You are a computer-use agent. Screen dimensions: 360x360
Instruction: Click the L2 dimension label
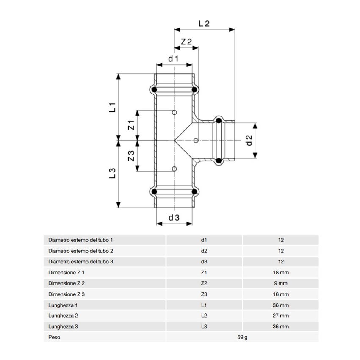204,24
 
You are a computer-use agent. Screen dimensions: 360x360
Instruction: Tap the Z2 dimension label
186,42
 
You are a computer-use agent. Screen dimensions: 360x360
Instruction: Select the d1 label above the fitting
174,59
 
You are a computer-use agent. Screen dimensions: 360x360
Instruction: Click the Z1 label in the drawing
131,125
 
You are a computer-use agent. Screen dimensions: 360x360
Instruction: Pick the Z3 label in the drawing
131,156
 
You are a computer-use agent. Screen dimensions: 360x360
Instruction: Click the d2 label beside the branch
249,140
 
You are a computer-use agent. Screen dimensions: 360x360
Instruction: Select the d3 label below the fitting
174,218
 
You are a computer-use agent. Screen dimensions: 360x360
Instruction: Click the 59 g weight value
242,338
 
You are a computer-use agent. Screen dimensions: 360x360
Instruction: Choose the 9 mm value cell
281,283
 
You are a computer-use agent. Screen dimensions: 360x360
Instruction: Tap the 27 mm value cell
281,316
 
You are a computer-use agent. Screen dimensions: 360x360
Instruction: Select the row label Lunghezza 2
64,316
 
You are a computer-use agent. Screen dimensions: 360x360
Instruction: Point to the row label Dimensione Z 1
67,272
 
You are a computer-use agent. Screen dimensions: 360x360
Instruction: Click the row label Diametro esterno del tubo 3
81,262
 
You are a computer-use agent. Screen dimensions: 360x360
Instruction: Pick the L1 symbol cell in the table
204,305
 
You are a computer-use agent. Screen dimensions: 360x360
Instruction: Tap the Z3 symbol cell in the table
204,294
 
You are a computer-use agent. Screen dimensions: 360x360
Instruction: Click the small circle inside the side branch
196,140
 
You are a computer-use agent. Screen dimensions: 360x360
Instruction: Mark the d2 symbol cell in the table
204,251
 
